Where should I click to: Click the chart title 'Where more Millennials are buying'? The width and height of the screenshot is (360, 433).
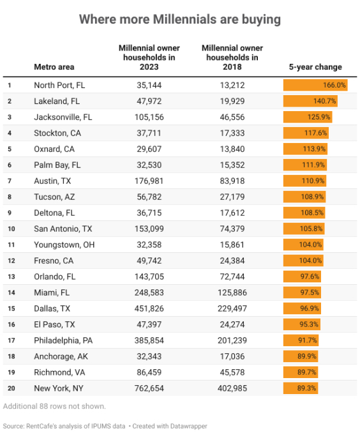tap(180, 20)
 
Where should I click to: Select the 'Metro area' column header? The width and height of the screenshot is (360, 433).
tap(54, 67)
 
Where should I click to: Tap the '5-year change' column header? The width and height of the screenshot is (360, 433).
tap(315, 67)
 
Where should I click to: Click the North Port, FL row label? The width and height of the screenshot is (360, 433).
tap(59, 85)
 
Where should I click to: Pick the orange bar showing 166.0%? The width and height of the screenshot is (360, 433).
tap(315, 85)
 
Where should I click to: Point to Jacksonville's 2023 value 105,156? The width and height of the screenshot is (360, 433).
tap(149, 117)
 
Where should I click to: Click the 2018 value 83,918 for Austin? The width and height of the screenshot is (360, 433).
tap(232, 181)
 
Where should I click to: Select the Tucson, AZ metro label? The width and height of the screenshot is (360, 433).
tap(54, 197)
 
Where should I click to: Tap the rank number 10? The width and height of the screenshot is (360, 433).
tap(11, 229)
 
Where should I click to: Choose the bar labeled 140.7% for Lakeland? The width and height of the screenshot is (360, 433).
tap(310, 101)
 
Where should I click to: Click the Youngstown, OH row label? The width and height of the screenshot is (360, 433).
tap(64, 245)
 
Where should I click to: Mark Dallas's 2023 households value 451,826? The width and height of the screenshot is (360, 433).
tap(149, 308)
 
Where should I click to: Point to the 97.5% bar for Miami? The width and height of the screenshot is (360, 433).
tap(302, 292)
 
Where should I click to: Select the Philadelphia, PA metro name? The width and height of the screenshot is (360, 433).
tap(63, 340)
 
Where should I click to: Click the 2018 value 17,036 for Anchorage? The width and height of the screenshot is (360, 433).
tap(232, 356)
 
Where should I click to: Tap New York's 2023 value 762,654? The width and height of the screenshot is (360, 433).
tap(149, 388)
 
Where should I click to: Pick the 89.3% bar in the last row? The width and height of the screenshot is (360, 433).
tap(301, 388)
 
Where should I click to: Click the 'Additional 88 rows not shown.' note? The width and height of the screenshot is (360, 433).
tap(54, 406)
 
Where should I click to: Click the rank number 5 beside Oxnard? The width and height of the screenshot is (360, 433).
tap(10, 149)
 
